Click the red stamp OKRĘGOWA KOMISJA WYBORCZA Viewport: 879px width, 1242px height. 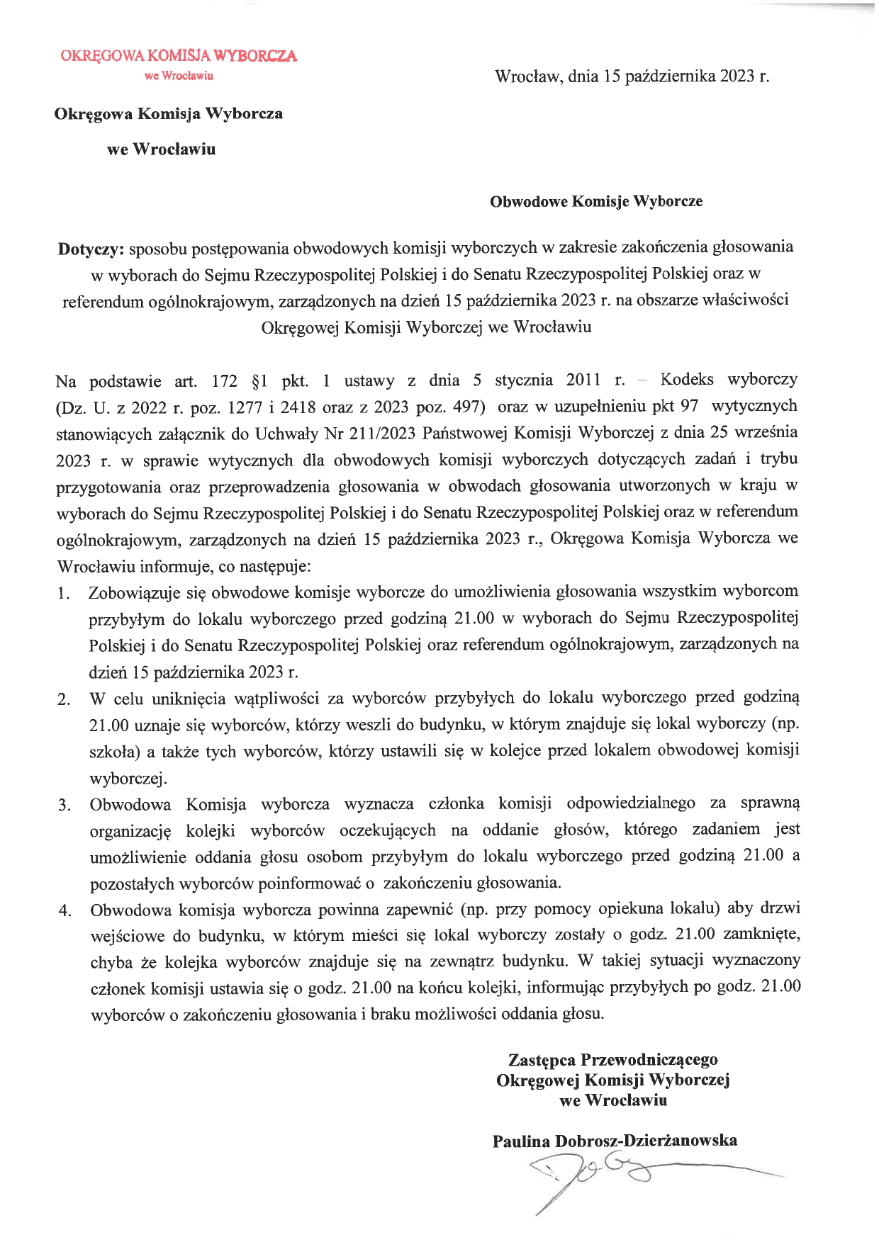click(x=179, y=56)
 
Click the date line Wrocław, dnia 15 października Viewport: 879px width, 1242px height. click(x=632, y=77)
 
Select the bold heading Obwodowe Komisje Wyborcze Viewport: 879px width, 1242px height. click(x=596, y=201)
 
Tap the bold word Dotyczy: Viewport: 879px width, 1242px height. click(x=91, y=249)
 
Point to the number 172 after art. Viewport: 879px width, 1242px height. click(x=225, y=381)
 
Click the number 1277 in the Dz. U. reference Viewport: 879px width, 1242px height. click(x=246, y=407)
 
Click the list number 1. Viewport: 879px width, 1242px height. click(x=64, y=594)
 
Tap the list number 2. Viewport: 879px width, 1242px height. click(x=64, y=700)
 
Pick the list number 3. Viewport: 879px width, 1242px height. click(x=65, y=806)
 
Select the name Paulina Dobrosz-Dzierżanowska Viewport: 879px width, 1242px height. click(x=615, y=1141)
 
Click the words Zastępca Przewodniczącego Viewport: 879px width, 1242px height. click(x=612, y=1060)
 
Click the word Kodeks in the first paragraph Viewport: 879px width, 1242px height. click(x=686, y=380)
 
